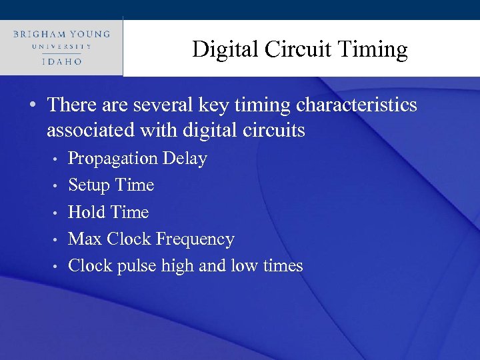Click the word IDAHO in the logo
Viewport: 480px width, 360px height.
[61, 61]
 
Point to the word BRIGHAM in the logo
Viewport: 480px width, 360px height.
[38, 33]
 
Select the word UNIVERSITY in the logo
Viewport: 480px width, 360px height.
[61, 47]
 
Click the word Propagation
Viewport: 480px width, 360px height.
[112, 159]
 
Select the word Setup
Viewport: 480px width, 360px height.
[89, 185]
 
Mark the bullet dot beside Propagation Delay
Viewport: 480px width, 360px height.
[57, 160]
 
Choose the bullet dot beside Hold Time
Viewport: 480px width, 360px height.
[57, 213]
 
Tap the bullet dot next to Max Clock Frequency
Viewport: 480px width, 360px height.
[57, 240]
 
